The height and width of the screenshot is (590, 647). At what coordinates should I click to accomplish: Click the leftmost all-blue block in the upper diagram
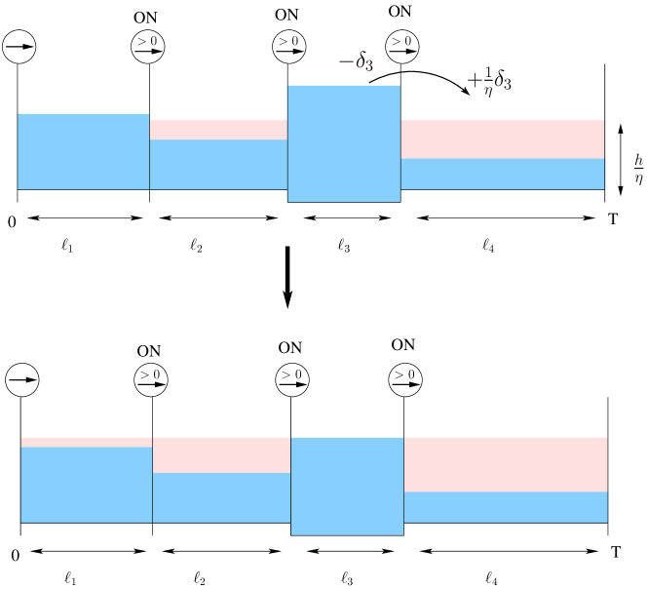[x=83, y=151]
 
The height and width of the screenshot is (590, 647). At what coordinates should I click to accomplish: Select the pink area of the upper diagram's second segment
[x=218, y=130]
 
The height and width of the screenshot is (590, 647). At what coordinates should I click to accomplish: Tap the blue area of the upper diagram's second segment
[x=218, y=164]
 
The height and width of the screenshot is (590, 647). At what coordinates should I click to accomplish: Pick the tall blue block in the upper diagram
[x=343, y=143]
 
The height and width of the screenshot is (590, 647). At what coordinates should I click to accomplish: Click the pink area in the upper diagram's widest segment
[x=502, y=139]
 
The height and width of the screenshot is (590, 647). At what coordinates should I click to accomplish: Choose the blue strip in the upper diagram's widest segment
[x=502, y=174]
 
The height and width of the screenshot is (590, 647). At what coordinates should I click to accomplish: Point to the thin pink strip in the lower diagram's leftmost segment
[x=86, y=442]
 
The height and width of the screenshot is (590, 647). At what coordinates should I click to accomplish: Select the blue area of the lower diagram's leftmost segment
[x=86, y=485]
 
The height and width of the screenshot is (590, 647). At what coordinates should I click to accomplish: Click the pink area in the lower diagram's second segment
[x=221, y=454]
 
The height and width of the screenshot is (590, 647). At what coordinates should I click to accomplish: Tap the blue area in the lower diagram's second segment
[x=221, y=497]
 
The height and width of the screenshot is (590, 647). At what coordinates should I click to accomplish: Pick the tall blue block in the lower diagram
[x=347, y=486]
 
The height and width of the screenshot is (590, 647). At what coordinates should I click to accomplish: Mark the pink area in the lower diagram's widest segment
[x=506, y=464]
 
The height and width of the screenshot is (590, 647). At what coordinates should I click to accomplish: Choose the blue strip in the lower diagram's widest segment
[x=506, y=507]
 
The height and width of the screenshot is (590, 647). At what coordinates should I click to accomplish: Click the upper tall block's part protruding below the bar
[x=343, y=195]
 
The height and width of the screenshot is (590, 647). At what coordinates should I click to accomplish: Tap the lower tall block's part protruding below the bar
[x=347, y=529]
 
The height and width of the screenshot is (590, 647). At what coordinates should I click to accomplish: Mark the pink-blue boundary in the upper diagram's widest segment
[x=502, y=158]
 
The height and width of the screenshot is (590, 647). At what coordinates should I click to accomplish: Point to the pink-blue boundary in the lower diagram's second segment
[x=221, y=473]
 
